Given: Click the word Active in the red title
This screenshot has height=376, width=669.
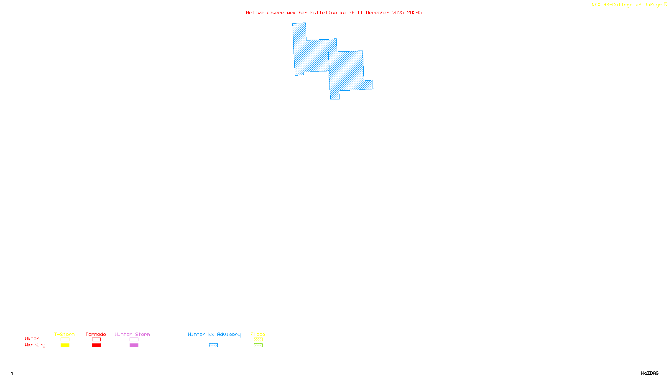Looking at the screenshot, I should tap(255, 13).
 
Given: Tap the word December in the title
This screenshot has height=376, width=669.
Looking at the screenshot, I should tap(378, 13).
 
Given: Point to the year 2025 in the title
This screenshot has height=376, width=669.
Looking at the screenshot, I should tap(398, 13).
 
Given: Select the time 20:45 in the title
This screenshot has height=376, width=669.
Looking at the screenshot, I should tap(414, 13).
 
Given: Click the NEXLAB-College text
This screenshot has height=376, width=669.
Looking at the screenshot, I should tap(612, 5).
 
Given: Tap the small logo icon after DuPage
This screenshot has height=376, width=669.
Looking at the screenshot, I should tap(665, 5).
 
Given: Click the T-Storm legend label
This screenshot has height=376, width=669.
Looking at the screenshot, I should tap(64, 334).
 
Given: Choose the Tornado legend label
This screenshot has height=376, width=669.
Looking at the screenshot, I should tap(96, 334).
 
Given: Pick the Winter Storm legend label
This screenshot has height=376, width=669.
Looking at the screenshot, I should tap(132, 334).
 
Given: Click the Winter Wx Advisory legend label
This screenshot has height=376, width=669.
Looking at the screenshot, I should tap(214, 334).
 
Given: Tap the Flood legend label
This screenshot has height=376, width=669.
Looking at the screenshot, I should tap(258, 334).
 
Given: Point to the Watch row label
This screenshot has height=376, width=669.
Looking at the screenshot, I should tap(32, 338).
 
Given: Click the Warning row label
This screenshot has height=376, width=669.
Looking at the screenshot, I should tap(35, 345).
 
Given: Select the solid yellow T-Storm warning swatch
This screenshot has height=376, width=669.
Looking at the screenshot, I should tap(65, 346).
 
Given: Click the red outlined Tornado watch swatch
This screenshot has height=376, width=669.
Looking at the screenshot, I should tap(96, 340).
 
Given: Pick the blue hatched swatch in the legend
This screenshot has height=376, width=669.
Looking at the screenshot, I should tap(213, 346).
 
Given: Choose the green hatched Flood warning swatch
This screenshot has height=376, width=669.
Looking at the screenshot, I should tap(258, 346).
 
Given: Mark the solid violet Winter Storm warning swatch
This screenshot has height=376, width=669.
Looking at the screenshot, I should tap(134, 346).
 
